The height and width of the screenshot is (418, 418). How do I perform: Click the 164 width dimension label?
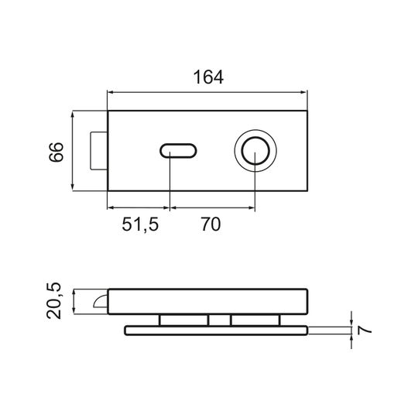click(x=208, y=77)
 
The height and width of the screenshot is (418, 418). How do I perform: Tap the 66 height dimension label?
click(x=57, y=152)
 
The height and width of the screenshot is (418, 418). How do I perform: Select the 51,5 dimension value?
click(x=140, y=224)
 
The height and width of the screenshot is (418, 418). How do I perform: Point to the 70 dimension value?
click(x=211, y=224)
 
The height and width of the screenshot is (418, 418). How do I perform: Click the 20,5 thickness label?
click(x=54, y=300)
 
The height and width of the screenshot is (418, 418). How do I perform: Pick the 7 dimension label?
click(x=365, y=330)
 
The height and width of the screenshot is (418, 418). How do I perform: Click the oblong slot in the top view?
click(x=178, y=151)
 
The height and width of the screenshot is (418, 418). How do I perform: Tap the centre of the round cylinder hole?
click(x=255, y=151)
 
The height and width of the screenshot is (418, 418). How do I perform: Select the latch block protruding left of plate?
click(x=98, y=151)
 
